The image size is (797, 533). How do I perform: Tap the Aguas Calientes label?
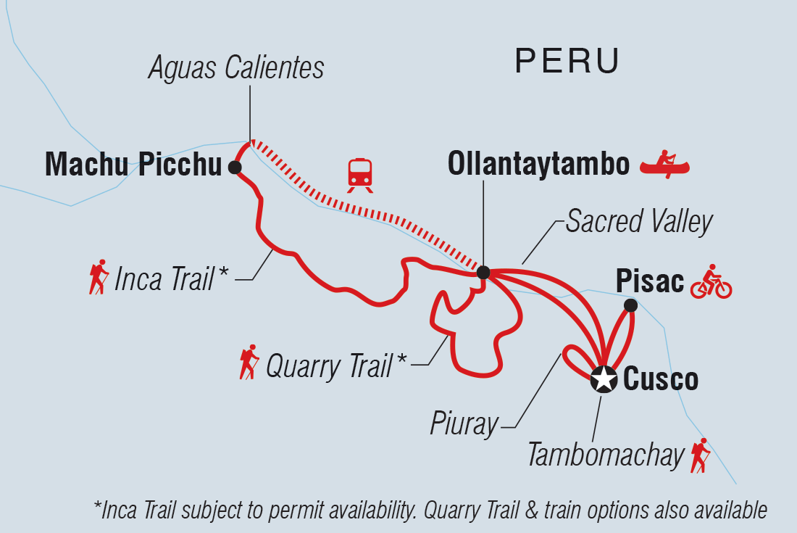(x=236, y=67)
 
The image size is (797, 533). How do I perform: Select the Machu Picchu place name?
(x=133, y=166)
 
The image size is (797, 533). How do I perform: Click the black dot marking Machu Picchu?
(x=234, y=168)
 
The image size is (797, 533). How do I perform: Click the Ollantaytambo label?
(x=538, y=165)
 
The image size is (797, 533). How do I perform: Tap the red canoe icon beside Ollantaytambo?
(x=664, y=165)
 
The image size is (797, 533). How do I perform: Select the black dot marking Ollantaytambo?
(x=483, y=272)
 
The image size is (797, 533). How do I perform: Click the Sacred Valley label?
(x=639, y=222)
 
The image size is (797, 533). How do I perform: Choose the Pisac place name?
(x=649, y=281)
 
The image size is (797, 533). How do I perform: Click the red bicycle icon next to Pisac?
(x=711, y=282)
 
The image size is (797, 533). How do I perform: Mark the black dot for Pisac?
(x=630, y=305)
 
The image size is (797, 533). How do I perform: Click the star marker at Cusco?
(x=602, y=379)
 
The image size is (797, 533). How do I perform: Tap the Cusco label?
(x=661, y=379)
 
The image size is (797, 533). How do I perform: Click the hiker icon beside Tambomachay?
(x=700, y=455)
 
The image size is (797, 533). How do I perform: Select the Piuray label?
(x=464, y=424)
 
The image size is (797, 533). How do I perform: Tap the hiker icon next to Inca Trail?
(x=98, y=277)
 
